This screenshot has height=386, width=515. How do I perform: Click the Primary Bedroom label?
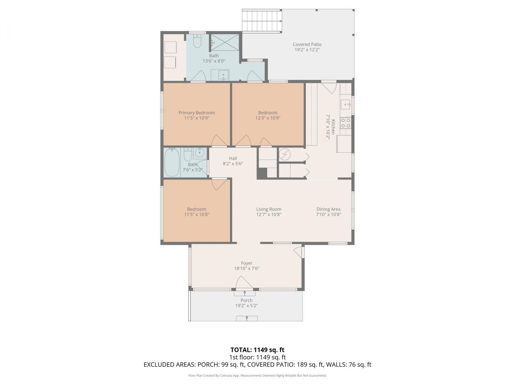(196, 113)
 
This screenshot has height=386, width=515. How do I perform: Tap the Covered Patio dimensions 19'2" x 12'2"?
(307, 50)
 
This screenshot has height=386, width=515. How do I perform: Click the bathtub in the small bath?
(172, 162)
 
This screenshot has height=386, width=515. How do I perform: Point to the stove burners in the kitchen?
(346, 123)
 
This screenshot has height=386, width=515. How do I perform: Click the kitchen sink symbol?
(346, 103)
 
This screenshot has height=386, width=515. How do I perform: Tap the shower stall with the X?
(225, 42)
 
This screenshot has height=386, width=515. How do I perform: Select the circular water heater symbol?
(285, 154)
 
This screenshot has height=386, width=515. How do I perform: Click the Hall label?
(233, 158)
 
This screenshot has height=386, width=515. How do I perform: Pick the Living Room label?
(268, 209)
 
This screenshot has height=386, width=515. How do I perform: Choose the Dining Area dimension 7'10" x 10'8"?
(328, 214)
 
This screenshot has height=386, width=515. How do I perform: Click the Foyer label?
(247, 263)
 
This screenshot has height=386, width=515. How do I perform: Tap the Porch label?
(246, 300)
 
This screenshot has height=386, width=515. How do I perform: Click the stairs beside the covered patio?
(262, 21)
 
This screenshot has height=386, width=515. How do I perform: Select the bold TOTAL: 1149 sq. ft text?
(257, 350)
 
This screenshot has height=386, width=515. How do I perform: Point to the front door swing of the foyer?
(244, 282)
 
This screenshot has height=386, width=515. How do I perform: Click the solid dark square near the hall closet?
(262, 173)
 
